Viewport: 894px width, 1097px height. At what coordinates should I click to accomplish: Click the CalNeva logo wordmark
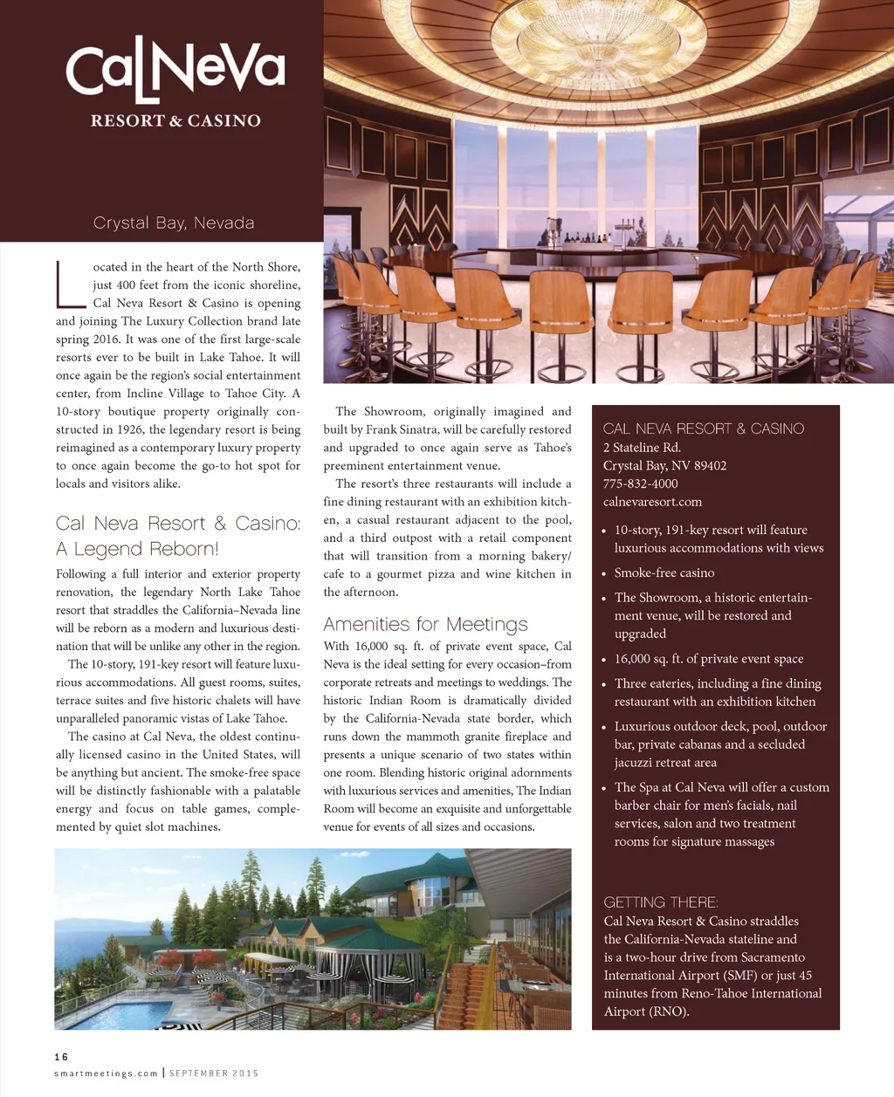point(175,70)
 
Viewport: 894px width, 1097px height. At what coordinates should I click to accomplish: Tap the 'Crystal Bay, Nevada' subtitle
point(174,223)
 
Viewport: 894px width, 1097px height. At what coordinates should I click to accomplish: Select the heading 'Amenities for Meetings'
point(425,624)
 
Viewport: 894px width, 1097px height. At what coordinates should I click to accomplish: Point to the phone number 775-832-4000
point(640,483)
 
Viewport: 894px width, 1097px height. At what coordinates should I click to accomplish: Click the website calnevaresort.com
point(652,502)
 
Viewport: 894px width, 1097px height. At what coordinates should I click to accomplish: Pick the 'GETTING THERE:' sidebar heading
point(661,902)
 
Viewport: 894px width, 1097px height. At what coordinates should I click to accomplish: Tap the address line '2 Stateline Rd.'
point(642,447)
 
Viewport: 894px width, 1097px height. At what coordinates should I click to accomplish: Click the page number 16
point(61,1057)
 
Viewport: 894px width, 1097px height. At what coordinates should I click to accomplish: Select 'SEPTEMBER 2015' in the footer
point(214,1073)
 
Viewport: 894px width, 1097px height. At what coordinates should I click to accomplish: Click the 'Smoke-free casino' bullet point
point(664,572)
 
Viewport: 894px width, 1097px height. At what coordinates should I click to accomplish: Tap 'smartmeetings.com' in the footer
point(106,1073)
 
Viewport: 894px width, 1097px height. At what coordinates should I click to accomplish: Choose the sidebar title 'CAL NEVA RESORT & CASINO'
point(703,429)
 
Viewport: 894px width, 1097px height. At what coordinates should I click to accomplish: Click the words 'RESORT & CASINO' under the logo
point(175,120)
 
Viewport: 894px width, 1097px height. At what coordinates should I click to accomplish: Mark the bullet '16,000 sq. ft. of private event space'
point(708,659)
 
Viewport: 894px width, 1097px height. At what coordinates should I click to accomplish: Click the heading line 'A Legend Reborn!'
point(137,549)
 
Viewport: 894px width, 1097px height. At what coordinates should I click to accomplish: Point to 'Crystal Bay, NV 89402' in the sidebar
point(664,465)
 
